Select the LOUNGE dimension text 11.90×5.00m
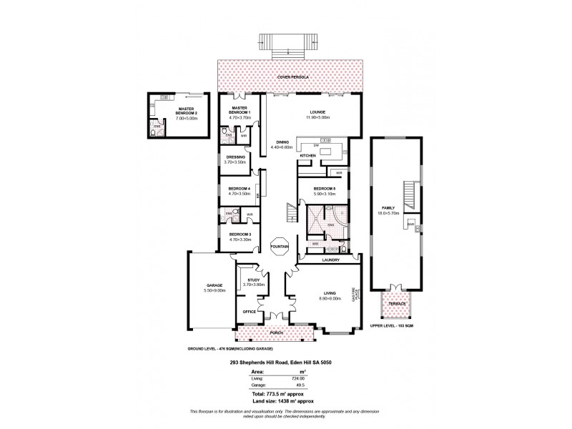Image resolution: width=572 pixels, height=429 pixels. click(316, 117)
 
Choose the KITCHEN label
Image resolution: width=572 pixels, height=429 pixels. click(307, 155)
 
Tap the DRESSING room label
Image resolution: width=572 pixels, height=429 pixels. click(236, 157)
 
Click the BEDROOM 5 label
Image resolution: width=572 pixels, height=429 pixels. click(325, 189)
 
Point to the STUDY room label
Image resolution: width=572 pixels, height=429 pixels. click(254, 280)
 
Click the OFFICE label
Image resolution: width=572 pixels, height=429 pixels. click(250, 311)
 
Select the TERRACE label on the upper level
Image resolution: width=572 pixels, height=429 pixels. click(397, 304)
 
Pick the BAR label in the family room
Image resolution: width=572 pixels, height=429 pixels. click(411, 224)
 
